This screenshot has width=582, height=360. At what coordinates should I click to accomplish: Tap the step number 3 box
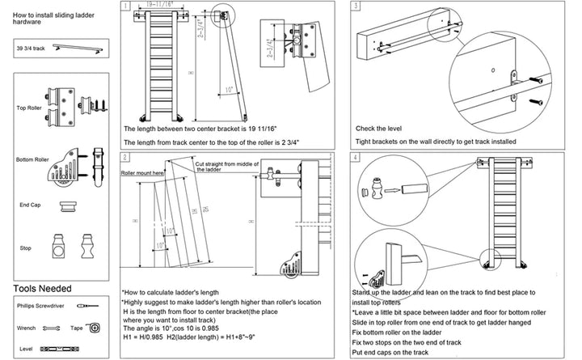click(356, 6)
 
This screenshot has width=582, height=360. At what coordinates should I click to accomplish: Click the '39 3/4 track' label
click(31, 49)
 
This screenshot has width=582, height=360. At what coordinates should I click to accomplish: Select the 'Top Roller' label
click(28, 107)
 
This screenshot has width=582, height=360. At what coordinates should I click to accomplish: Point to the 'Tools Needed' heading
click(42, 288)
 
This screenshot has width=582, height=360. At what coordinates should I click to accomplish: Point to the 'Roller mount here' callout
click(143, 173)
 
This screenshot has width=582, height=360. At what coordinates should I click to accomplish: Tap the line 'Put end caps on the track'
click(389, 352)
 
